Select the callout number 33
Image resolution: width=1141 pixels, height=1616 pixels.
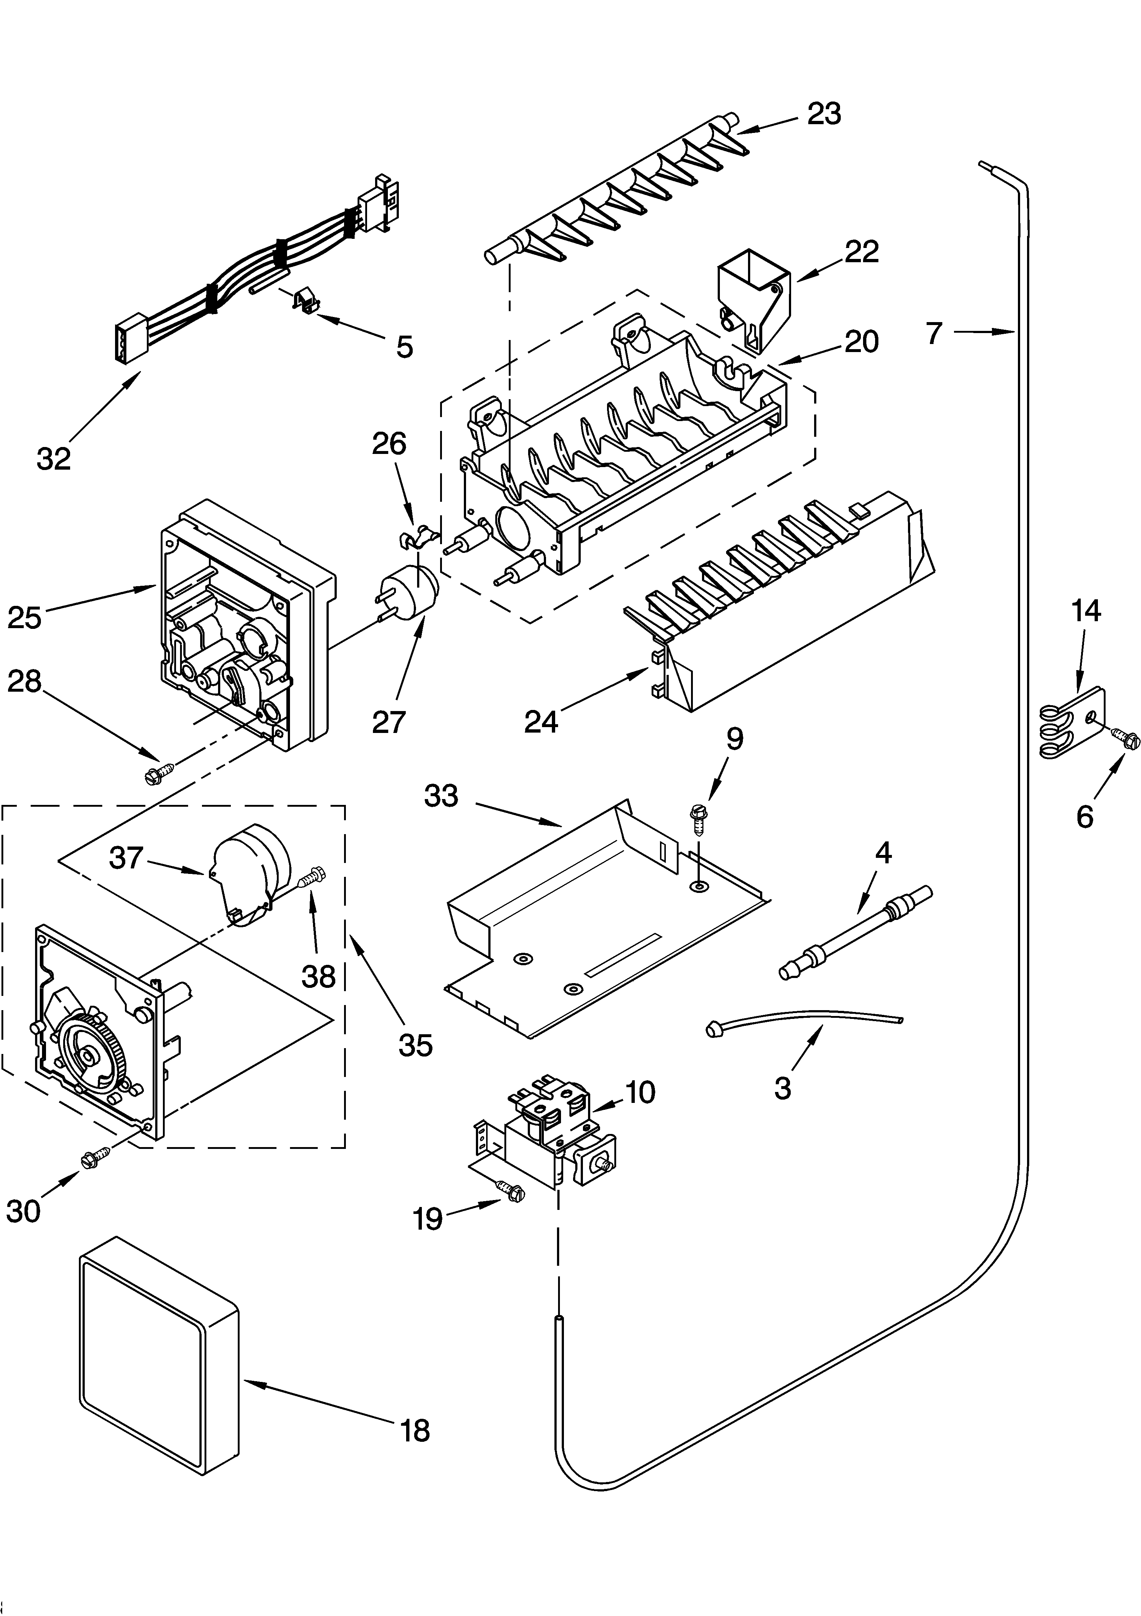point(441,796)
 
